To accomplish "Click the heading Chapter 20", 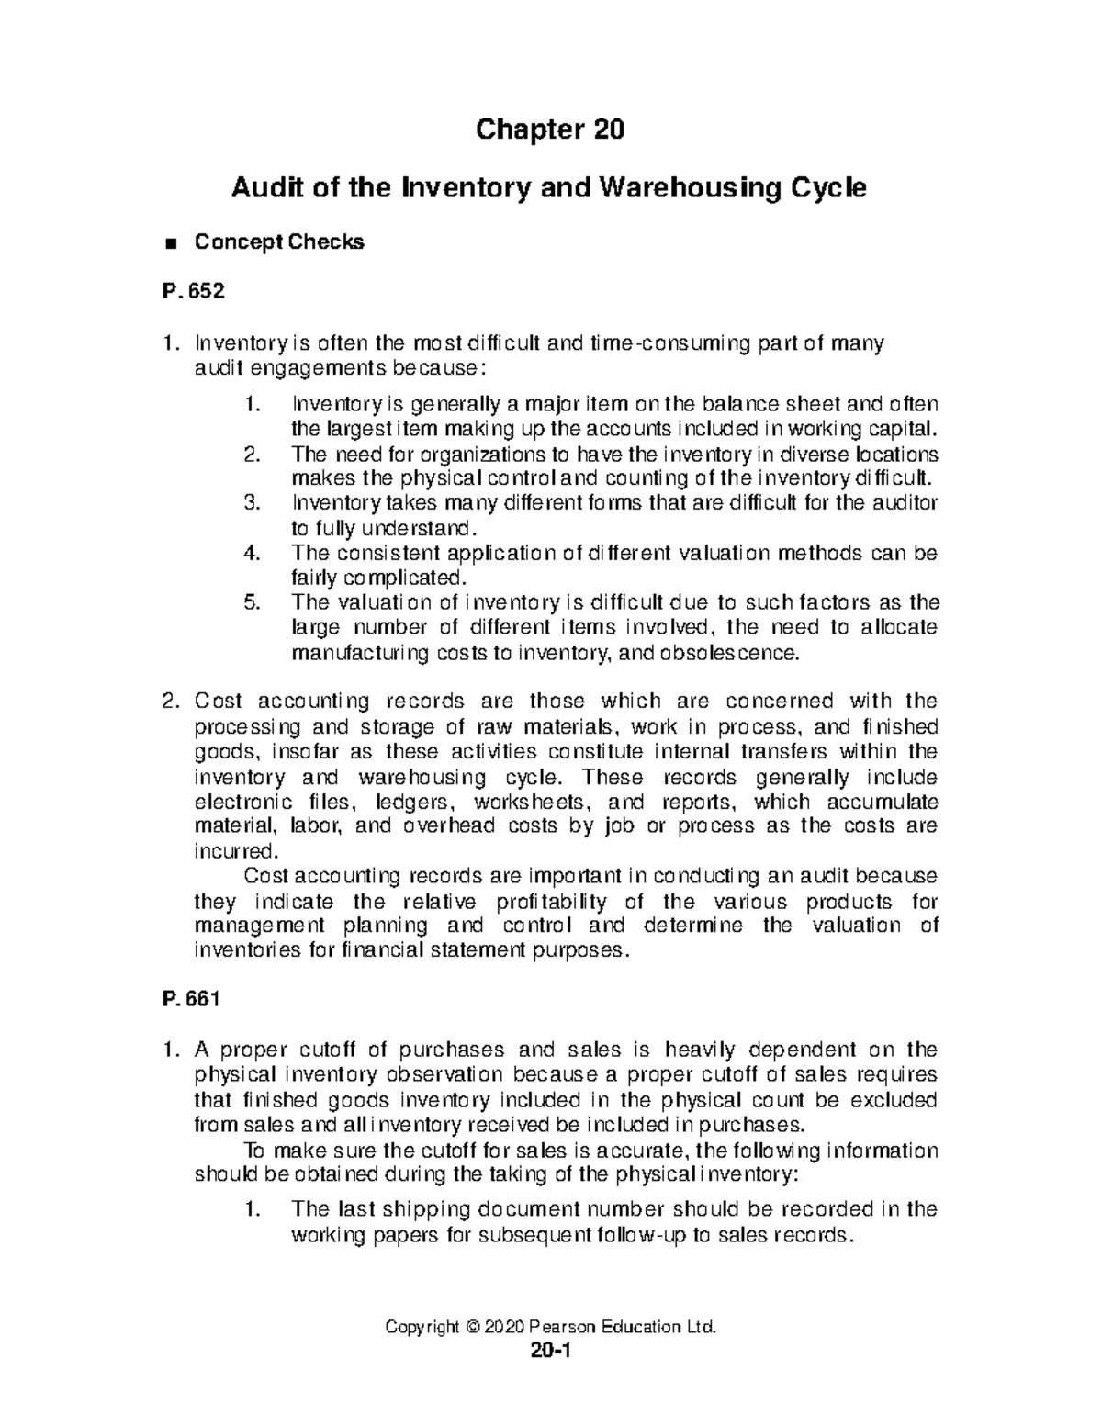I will [549, 130].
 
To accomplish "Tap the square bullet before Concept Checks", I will [168, 243].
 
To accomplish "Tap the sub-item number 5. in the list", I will [253, 603].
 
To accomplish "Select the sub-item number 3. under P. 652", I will [253, 503].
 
